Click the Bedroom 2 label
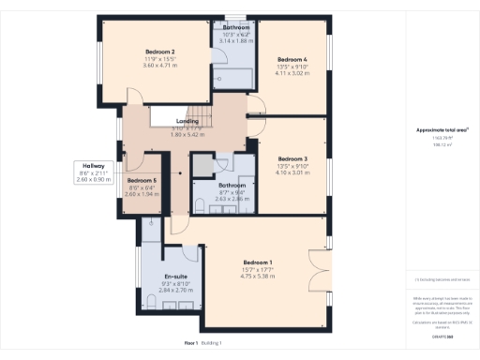point(160,51)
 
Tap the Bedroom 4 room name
point(292,59)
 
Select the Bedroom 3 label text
point(292,159)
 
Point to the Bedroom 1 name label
point(257,262)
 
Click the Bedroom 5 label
point(141,180)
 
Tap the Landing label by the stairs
point(187,122)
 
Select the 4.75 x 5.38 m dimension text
point(257,276)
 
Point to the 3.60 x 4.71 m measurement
point(160,66)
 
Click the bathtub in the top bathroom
point(234,78)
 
